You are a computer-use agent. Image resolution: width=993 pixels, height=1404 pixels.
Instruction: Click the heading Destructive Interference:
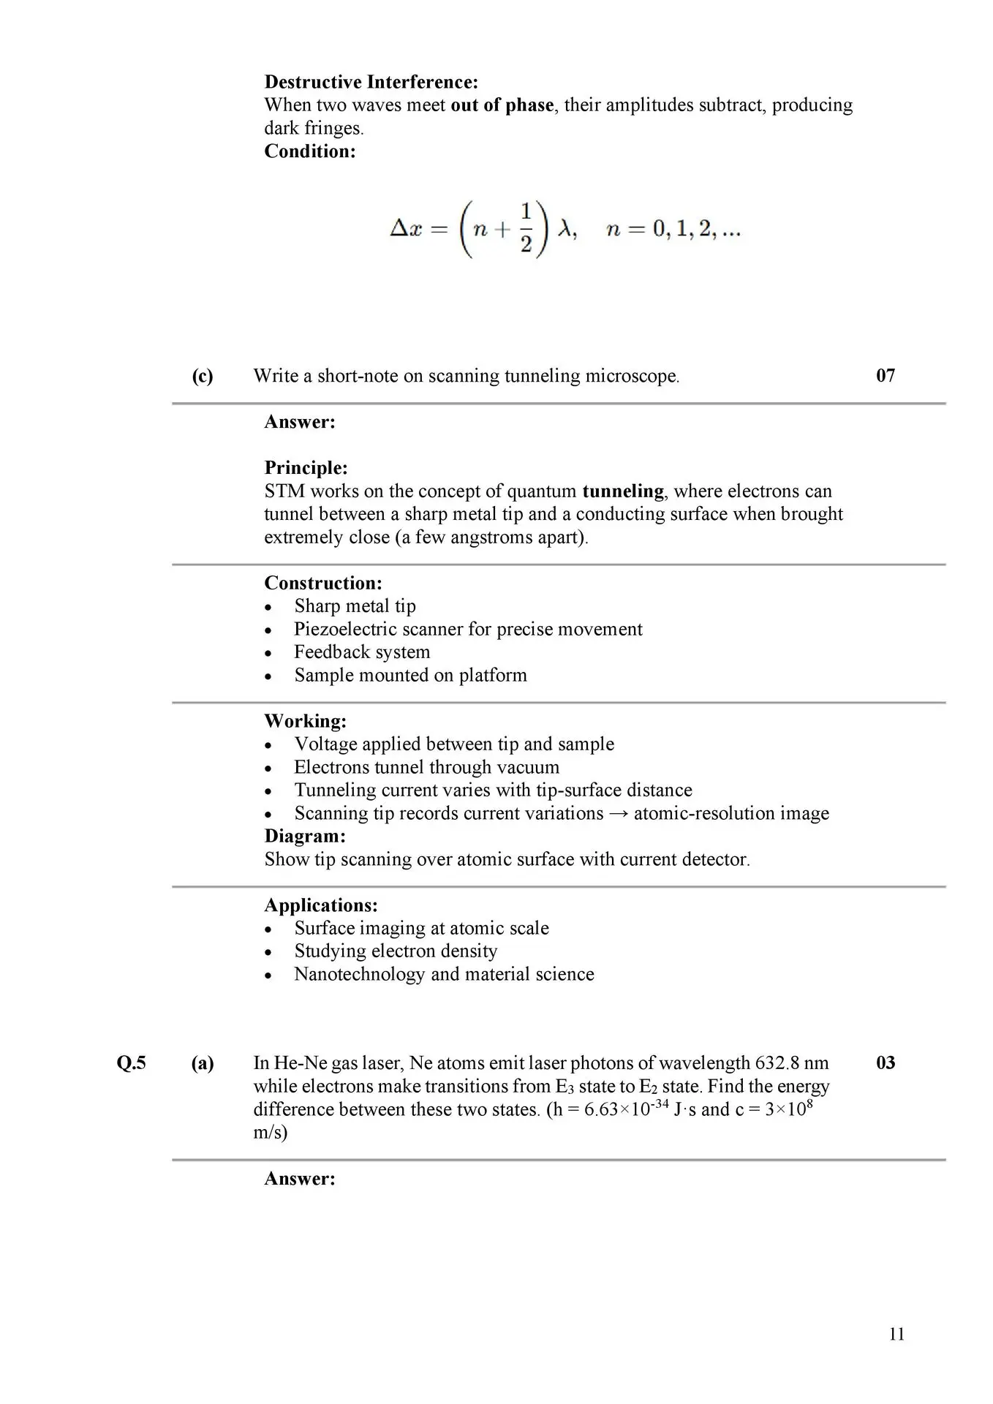click(371, 82)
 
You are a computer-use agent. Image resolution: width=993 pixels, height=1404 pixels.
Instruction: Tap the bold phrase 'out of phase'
click(502, 105)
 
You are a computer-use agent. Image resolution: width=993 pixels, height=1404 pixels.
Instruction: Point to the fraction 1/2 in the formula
click(526, 230)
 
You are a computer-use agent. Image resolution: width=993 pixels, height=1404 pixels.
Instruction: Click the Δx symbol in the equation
click(406, 230)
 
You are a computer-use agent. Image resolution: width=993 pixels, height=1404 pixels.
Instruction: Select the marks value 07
click(885, 376)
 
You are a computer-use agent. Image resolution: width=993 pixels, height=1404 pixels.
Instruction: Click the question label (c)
click(203, 376)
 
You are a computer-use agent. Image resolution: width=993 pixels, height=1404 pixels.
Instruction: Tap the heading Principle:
click(306, 468)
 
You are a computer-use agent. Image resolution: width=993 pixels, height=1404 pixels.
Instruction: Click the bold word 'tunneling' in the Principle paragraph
click(623, 491)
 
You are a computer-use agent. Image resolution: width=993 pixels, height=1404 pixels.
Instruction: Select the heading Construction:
click(323, 584)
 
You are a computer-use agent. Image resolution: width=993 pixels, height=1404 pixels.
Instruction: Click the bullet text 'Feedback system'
click(362, 652)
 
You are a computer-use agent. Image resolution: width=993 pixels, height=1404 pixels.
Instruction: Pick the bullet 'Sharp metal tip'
click(355, 606)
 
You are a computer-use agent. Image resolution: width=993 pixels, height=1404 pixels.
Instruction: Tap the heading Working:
click(306, 721)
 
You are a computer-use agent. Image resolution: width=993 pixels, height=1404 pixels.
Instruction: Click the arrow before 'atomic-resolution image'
click(619, 814)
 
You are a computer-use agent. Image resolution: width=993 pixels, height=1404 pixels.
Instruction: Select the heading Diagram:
click(305, 836)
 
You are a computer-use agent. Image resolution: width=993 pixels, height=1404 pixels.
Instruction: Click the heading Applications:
click(321, 905)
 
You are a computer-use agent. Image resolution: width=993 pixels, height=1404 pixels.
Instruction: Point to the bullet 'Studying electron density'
click(396, 951)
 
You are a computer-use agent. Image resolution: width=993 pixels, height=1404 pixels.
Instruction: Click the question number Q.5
click(132, 1063)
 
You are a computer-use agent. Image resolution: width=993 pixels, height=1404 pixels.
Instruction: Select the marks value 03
click(885, 1063)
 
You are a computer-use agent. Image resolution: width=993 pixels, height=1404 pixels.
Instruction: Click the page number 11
click(896, 1335)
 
